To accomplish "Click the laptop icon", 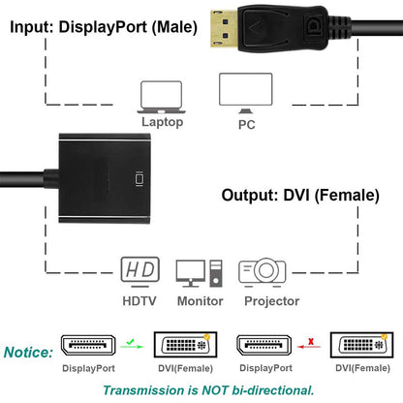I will click(161, 96).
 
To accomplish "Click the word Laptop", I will click(161, 123).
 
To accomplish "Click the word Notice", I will click(30, 351).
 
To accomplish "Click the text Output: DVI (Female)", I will click(299, 195).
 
